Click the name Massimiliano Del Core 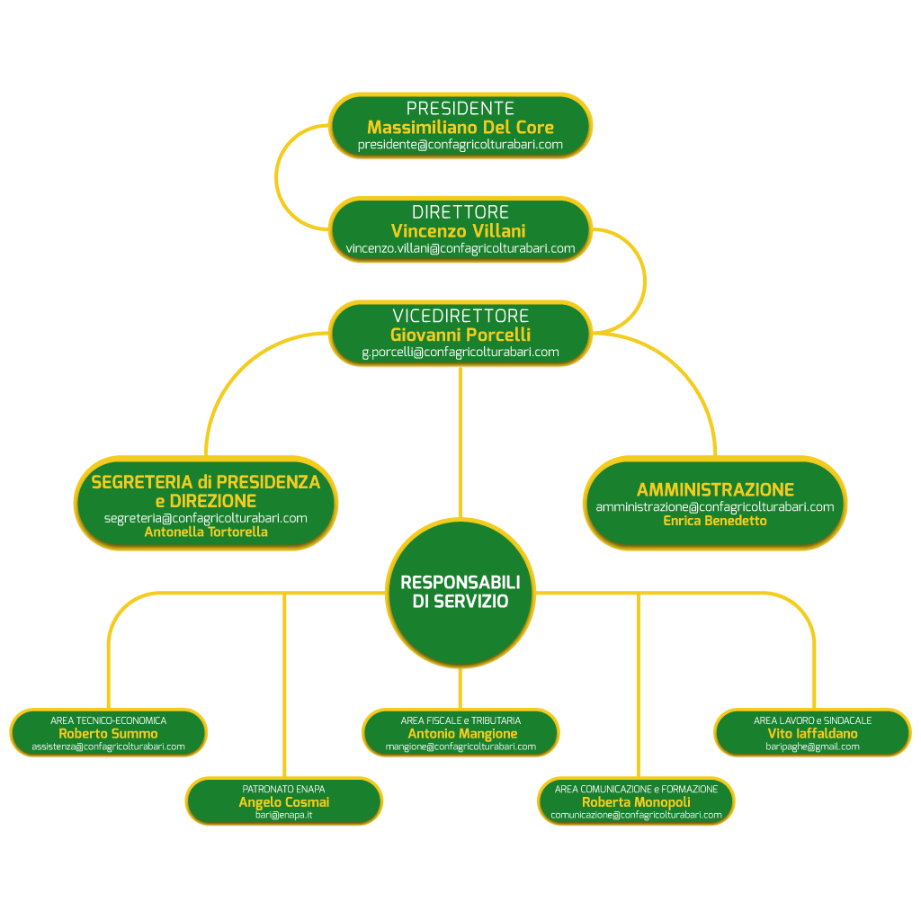pos(460,127)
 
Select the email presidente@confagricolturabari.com pos(460,144)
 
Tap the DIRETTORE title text pos(460,212)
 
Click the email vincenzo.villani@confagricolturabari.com pos(460,248)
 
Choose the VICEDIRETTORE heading pos(460,317)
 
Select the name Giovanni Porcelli pos(460,335)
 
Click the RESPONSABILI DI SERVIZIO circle pos(460,593)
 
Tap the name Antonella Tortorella pos(206,532)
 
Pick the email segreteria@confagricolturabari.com pos(206,518)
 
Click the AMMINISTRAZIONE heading pos(715,490)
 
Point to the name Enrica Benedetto pos(715,521)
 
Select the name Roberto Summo pos(108,734)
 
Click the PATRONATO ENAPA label pos(283,789)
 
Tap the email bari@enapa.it pos(283,815)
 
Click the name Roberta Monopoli pos(636,802)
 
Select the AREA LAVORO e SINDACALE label pos(812,720)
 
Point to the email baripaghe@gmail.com pos(812,747)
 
